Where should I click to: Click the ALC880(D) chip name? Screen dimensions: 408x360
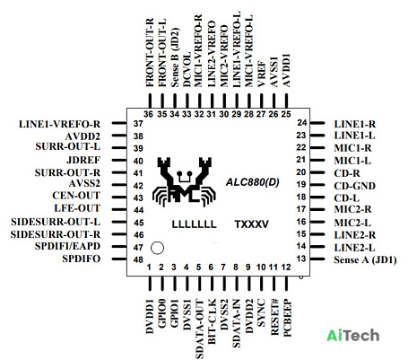[x=253, y=182]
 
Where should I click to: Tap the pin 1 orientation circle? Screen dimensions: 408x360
[x=158, y=248]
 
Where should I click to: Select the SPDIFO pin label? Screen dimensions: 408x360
[x=82, y=259]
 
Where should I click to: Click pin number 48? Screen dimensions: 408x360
[x=138, y=259]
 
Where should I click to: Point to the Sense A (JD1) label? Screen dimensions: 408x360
[x=365, y=259]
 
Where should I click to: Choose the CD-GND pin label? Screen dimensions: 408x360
[x=354, y=186]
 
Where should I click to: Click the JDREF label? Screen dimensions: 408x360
[x=83, y=160]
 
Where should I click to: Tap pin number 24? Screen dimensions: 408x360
[x=302, y=123]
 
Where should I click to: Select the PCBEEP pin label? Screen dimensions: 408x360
[x=287, y=318]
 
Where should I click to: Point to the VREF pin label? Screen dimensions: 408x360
[x=261, y=74]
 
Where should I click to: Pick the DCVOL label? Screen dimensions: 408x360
[x=187, y=69]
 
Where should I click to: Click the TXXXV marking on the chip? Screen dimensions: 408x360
[x=251, y=224]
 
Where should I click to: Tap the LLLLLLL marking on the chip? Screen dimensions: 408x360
[x=194, y=224]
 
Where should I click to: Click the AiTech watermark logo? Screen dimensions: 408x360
[x=353, y=336]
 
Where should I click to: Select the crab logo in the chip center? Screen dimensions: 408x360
[x=184, y=181]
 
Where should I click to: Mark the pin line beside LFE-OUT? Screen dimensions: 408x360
[x=119, y=209]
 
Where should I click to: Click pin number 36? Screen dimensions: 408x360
[x=148, y=114]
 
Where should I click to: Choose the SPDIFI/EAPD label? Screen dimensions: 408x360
[x=67, y=246]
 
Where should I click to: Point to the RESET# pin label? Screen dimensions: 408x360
[x=274, y=317]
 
